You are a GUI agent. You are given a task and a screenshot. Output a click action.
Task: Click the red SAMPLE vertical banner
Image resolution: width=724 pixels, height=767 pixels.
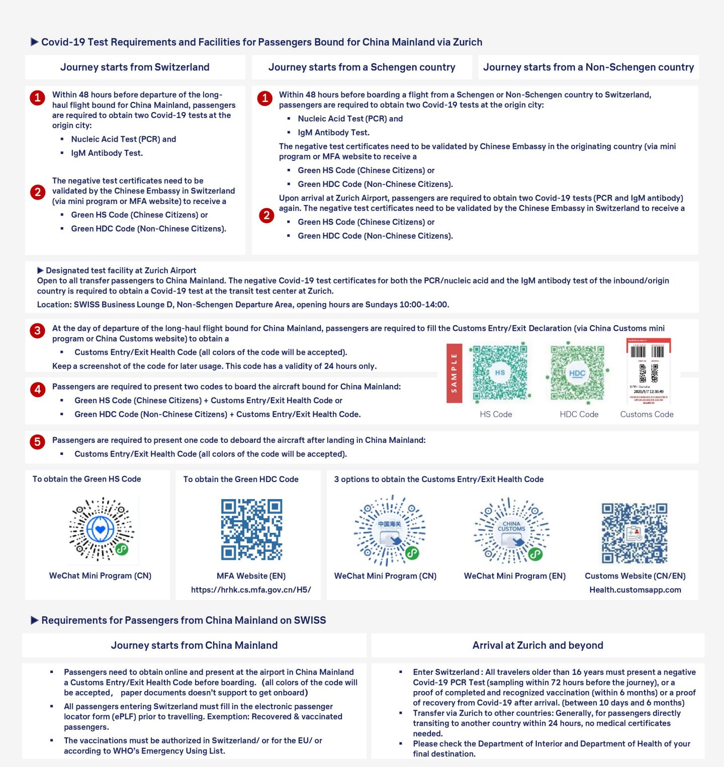click(454, 373)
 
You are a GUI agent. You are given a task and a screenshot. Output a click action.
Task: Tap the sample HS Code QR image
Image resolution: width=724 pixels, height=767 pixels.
click(499, 372)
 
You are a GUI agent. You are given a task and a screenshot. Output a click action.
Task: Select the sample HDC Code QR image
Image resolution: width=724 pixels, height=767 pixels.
click(577, 373)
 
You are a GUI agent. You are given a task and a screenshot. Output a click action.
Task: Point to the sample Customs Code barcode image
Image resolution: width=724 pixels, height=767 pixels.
click(648, 372)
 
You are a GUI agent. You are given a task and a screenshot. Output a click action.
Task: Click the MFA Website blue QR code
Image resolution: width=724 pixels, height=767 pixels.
click(251, 529)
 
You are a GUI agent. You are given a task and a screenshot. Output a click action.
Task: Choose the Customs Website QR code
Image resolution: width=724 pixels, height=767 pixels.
click(635, 533)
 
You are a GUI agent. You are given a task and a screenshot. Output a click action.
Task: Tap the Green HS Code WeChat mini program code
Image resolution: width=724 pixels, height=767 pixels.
click(102, 529)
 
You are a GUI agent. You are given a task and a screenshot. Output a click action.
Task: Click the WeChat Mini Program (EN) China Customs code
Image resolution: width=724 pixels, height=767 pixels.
click(511, 531)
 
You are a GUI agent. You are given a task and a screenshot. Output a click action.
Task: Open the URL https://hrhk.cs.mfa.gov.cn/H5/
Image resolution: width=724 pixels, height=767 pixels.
click(251, 590)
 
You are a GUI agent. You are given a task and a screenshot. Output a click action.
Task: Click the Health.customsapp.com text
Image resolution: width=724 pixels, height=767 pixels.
click(635, 590)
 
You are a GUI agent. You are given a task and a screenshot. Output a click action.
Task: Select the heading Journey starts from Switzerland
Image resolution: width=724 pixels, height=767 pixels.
click(135, 67)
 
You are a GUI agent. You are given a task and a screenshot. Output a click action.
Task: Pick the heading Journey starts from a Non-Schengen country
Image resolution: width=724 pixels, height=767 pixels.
click(588, 67)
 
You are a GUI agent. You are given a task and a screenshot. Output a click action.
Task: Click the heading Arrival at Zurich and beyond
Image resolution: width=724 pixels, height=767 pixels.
click(537, 645)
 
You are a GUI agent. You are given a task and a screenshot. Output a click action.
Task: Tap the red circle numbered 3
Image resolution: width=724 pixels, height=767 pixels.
click(37, 331)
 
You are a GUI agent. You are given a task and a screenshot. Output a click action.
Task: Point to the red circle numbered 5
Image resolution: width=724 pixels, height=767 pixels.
click(37, 442)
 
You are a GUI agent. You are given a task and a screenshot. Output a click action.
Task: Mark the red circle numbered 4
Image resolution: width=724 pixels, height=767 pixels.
click(37, 389)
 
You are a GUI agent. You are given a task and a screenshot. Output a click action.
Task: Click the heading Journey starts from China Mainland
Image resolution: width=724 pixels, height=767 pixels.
click(194, 645)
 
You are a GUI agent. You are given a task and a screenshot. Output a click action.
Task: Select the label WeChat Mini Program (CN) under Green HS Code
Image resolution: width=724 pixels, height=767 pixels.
click(100, 576)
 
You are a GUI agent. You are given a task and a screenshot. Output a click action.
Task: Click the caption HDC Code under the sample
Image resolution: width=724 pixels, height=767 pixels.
click(579, 414)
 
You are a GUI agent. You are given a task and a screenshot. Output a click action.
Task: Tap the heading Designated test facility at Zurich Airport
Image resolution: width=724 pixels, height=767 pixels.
click(121, 270)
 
